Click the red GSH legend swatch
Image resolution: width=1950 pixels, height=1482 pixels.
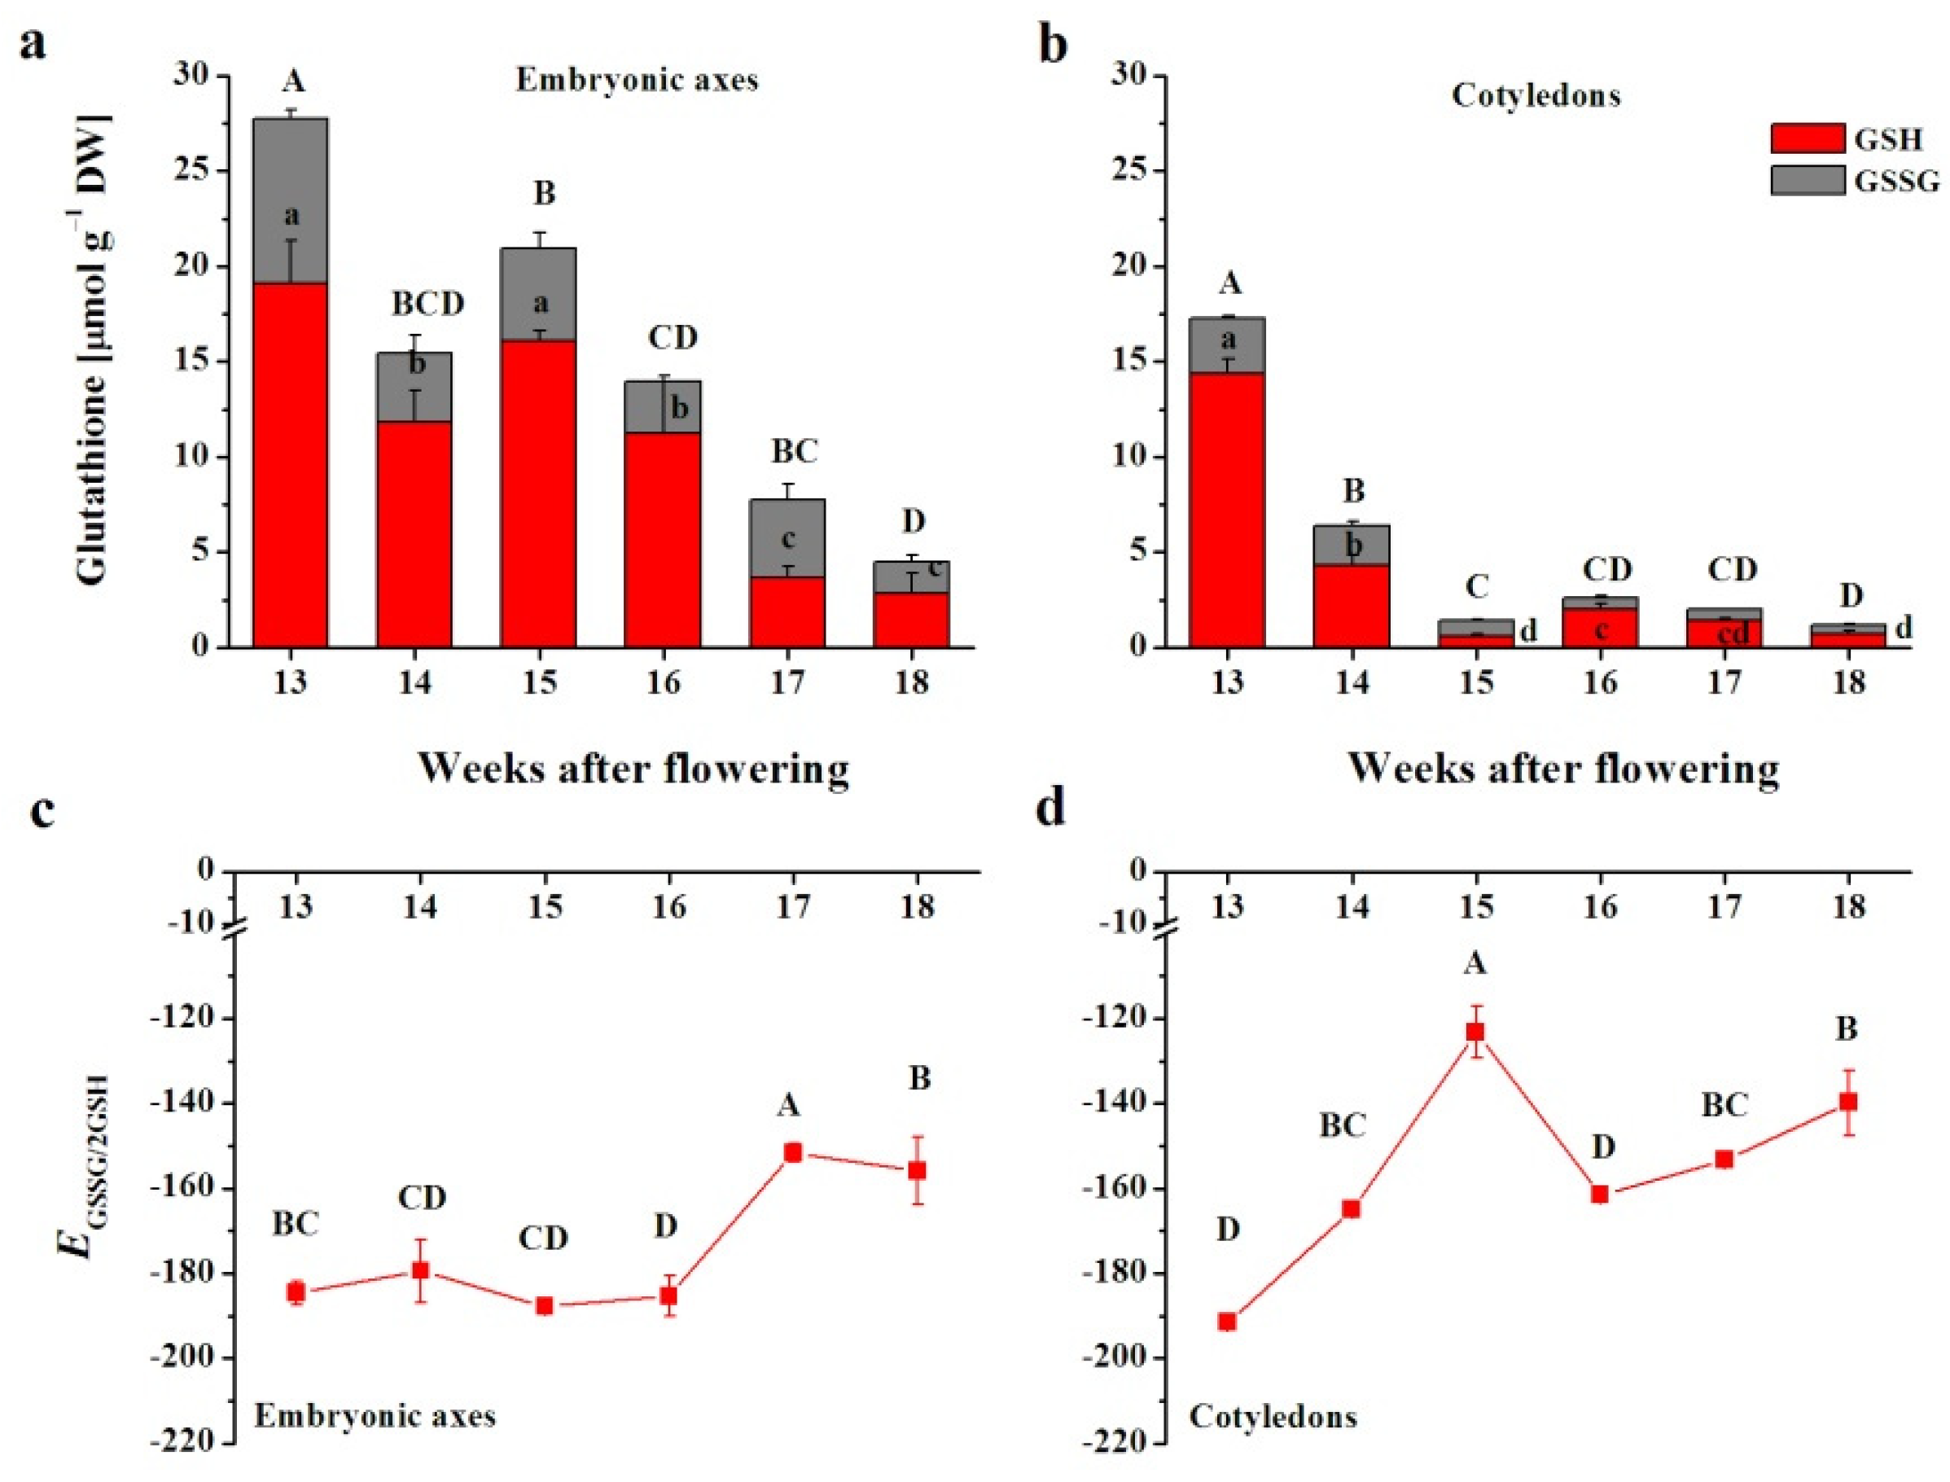coord(1806,138)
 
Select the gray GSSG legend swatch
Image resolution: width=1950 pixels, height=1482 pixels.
coord(1806,181)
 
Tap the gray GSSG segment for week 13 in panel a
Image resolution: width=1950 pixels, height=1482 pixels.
coord(290,200)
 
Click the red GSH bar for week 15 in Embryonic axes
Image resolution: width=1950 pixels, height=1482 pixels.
coord(538,494)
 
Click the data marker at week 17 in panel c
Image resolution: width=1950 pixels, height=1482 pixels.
coord(792,1153)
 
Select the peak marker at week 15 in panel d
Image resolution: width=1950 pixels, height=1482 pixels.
coord(1475,1033)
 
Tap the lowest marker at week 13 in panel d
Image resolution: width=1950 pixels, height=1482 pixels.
coord(1227,1322)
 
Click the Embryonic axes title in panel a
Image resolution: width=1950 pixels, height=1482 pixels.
coord(637,81)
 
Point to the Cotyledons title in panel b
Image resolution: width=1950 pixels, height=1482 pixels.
coord(1536,95)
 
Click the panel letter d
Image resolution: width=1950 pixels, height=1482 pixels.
coord(1051,809)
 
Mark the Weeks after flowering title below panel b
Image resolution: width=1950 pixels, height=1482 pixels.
coord(1562,769)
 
